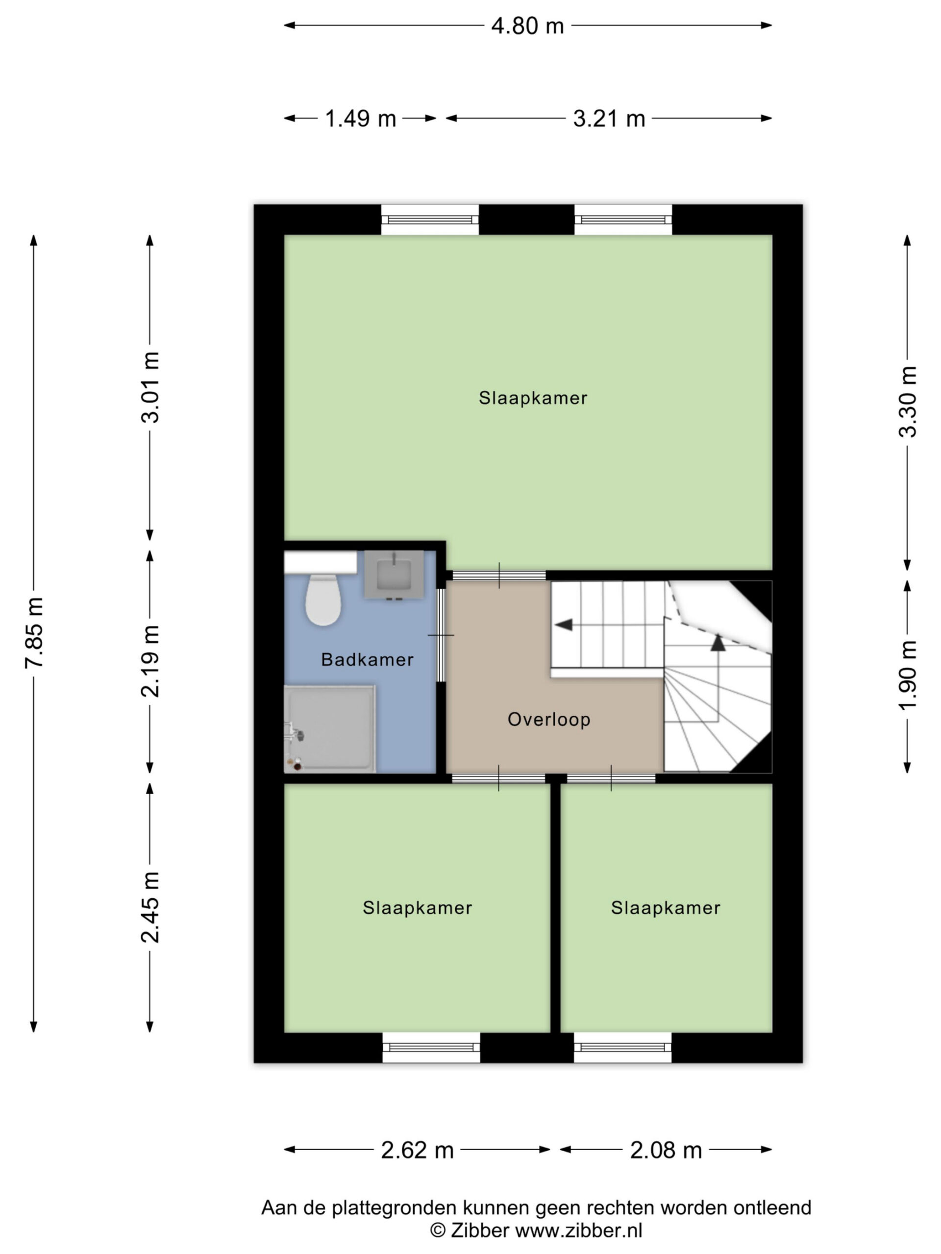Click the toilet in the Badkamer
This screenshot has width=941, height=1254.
point(323,600)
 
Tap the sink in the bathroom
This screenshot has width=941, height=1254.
point(394,574)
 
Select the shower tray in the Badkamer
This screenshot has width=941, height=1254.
point(329,728)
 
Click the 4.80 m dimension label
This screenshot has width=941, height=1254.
point(527,26)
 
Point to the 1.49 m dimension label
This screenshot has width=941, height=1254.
point(360,119)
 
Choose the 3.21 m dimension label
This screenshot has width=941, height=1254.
point(609,119)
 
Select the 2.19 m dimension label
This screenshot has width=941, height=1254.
point(151,661)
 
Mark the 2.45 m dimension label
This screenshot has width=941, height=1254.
point(151,907)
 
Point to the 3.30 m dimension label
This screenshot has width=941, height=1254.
point(908,402)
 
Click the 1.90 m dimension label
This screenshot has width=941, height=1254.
point(908,675)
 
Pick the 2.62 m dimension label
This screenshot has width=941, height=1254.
point(418,1150)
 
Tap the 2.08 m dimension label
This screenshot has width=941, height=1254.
point(666,1150)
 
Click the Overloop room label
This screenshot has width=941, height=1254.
point(549,720)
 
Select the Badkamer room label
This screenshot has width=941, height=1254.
point(368,660)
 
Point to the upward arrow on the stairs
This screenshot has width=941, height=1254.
point(718,642)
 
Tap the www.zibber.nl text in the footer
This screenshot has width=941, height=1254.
point(578,1231)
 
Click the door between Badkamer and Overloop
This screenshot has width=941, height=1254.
point(441,635)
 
